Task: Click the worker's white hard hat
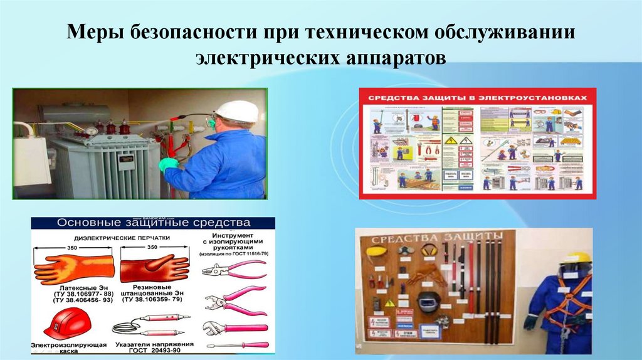pos(236,111)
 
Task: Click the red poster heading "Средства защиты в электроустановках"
pos(477,98)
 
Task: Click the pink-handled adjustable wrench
pos(235,327)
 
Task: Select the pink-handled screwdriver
pos(236,345)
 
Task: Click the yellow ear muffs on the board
pos(428,250)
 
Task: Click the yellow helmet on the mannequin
pos(576,258)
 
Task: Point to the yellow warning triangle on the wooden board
pos(389,303)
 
